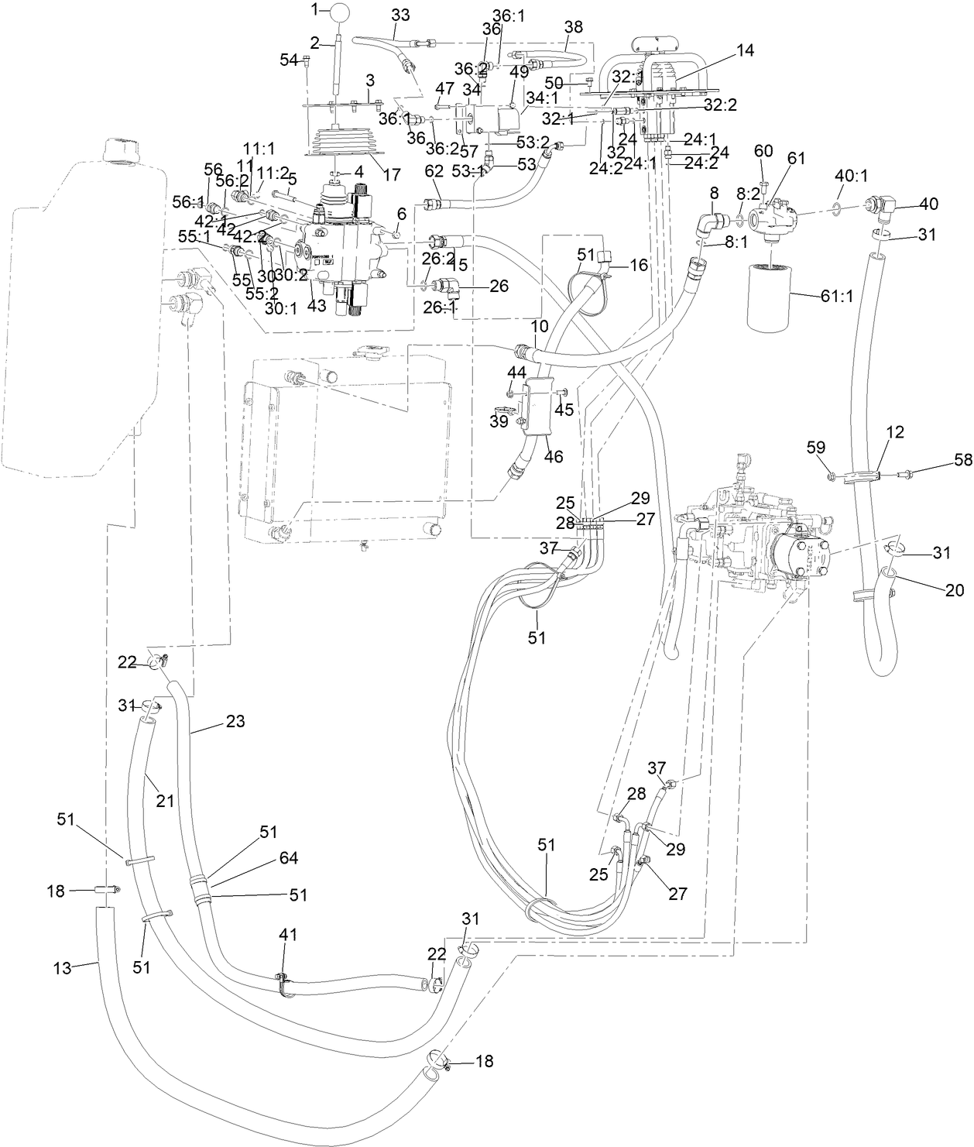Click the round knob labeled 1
click(341, 13)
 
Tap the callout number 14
click(745, 50)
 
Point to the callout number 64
click(288, 857)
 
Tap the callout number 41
click(288, 935)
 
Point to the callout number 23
click(235, 721)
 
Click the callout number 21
click(164, 802)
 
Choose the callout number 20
click(955, 590)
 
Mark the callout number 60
click(763, 150)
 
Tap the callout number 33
click(401, 14)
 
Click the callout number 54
click(288, 60)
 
